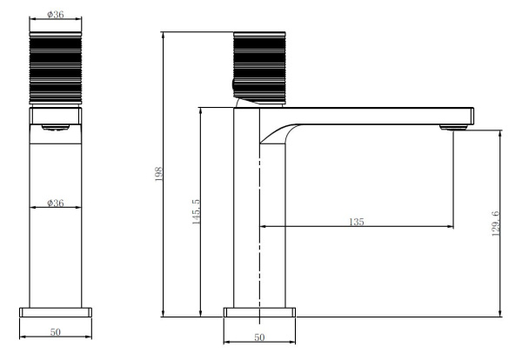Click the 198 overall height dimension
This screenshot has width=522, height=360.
[x=159, y=174]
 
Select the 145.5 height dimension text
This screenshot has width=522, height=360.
[x=196, y=212]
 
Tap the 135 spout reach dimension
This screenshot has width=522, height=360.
[x=357, y=222]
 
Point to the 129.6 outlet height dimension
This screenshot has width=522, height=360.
[x=496, y=223]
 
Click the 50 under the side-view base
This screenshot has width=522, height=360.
[x=259, y=337]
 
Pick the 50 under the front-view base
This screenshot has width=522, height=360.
[x=56, y=331]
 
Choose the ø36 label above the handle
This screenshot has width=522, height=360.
[x=56, y=14]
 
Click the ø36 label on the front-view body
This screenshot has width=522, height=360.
[x=56, y=203]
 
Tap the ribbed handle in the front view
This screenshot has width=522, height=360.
[x=56, y=68]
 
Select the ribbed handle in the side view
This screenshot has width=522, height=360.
[x=259, y=68]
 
